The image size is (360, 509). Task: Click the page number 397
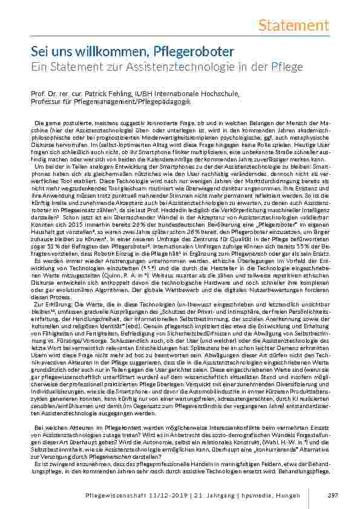click(332, 496)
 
